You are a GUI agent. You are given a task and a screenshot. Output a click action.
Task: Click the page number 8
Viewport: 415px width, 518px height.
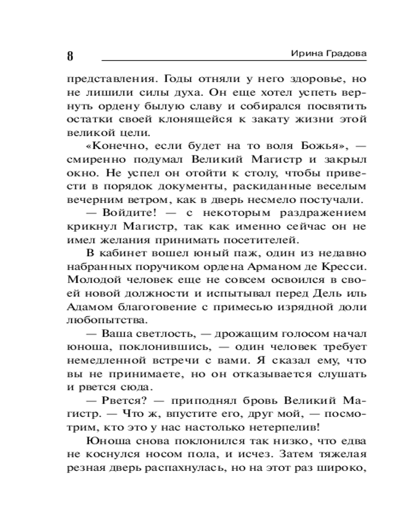coord(70,56)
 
